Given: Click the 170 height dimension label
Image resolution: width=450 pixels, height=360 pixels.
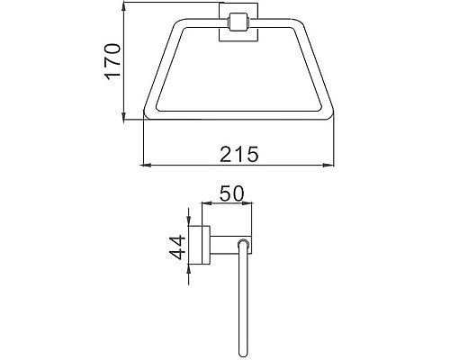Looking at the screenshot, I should pos(112,61).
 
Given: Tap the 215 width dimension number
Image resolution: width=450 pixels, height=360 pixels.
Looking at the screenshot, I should pos(239,154).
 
